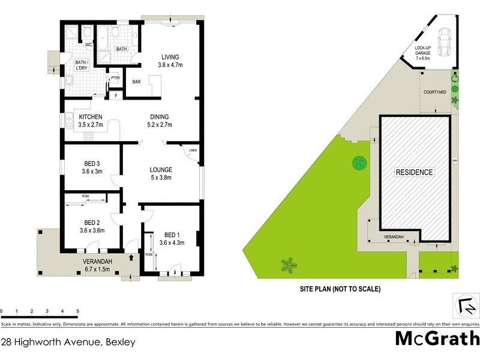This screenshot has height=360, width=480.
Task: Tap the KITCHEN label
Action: click(91, 117)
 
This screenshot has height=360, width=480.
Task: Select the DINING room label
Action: click(160, 117)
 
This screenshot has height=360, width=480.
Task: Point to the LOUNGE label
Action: click(161, 170)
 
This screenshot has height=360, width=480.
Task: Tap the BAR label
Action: click(137, 83)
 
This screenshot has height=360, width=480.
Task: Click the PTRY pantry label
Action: click(115, 77)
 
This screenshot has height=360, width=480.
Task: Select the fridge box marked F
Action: click(115, 95)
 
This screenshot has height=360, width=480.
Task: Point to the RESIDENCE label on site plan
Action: click(414, 172)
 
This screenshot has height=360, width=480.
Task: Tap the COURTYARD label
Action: click(434, 92)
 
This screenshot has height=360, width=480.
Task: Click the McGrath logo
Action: click(436, 338)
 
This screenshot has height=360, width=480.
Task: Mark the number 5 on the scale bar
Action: click(77, 311)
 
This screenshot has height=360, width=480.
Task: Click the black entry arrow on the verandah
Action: click(131, 258)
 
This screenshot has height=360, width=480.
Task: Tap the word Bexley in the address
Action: click(120, 343)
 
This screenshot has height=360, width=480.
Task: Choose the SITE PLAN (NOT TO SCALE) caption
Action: click(340, 289)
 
